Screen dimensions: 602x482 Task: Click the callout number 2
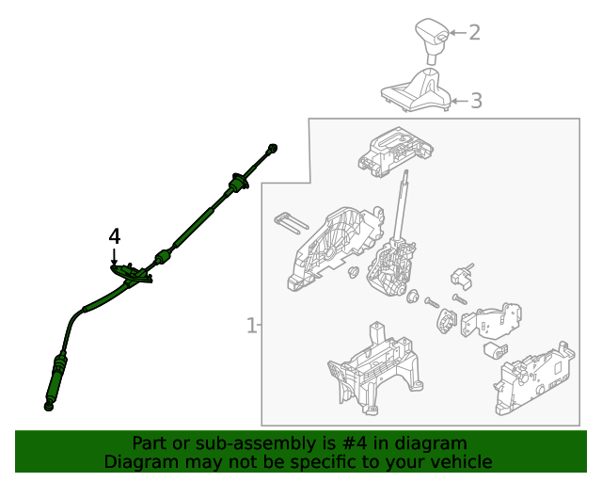(474, 33)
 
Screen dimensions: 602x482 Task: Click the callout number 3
(476, 101)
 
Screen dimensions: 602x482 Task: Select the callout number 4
(115, 236)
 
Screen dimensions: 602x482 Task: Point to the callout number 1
(251, 325)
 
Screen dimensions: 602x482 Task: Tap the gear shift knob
(433, 40)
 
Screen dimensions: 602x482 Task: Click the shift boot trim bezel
(417, 89)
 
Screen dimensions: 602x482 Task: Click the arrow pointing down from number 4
(114, 257)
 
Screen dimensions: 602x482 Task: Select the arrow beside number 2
(458, 33)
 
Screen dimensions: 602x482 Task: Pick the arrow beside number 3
(460, 101)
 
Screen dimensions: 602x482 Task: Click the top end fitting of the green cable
(272, 148)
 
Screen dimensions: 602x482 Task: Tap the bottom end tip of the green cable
(48, 406)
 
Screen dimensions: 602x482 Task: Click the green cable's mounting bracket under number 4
(131, 273)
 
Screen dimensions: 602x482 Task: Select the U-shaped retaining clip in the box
(292, 222)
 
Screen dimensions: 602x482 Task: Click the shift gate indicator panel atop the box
(396, 152)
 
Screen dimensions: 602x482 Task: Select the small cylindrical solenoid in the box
(496, 350)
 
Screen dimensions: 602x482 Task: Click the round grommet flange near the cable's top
(238, 183)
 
